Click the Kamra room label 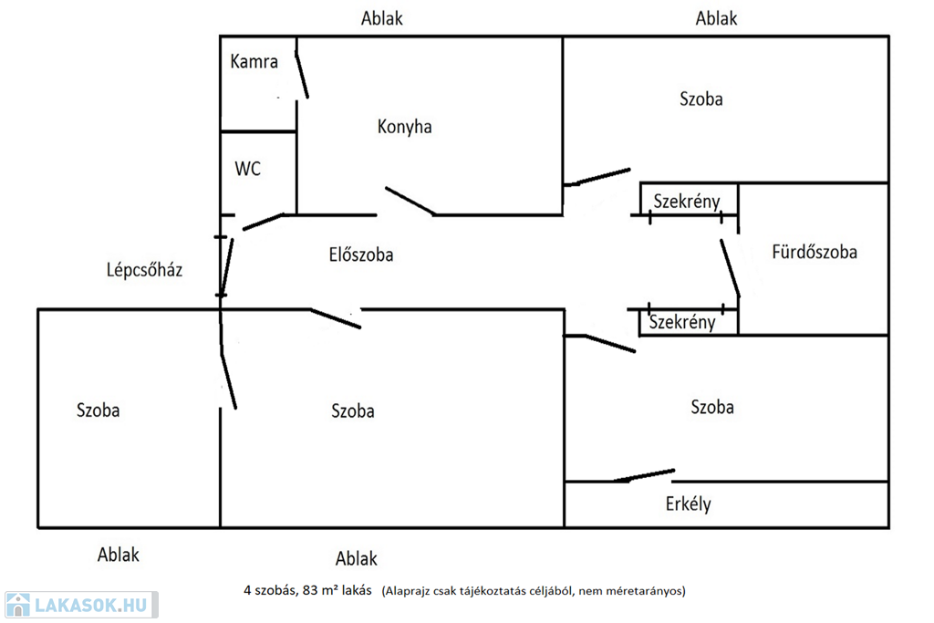point(254,63)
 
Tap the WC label point(247,169)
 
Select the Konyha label point(404,127)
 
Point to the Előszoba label point(360,254)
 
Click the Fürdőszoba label point(814,252)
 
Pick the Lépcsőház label point(144,269)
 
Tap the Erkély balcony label point(688,504)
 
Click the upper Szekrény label point(687,202)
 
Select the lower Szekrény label point(682,321)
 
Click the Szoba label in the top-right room point(700,99)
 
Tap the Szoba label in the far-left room point(98,410)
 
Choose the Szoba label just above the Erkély point(712,407)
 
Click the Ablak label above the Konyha point(381,18)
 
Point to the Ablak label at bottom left point(119,554)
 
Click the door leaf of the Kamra point(301,74)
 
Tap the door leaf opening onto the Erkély point(643,475)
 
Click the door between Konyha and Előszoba point(409,201)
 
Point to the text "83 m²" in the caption point(324,590)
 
